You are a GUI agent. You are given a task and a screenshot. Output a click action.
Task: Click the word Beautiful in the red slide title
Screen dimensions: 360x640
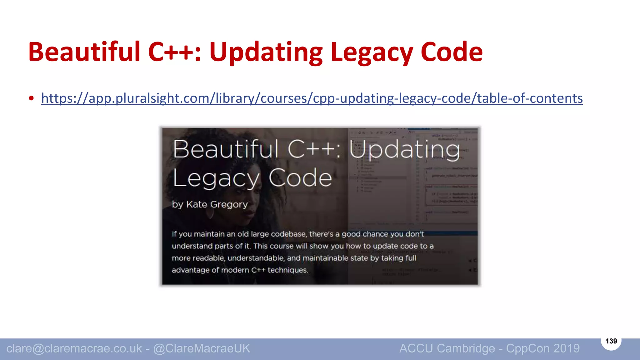84,52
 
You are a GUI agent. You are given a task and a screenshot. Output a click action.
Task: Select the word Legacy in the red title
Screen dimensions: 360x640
372,52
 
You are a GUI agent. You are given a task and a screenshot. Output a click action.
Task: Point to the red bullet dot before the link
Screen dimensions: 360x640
31,98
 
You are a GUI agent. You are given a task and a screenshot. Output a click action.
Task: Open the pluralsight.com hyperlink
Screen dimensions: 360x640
312,98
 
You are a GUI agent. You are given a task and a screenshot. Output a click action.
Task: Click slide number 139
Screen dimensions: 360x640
611,341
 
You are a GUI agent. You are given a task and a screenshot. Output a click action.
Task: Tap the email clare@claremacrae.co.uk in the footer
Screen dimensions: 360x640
74,348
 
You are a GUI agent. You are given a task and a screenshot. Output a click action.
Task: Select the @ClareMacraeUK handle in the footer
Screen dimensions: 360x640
202,348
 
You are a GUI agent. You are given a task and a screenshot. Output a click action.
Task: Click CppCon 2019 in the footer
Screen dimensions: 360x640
543,348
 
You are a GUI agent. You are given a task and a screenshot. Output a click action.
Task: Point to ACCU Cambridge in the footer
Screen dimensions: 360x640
447,348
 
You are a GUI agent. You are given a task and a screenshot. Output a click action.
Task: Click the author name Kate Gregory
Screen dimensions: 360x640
217,204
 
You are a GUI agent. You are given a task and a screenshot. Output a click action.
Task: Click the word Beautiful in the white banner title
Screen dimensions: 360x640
225,149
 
